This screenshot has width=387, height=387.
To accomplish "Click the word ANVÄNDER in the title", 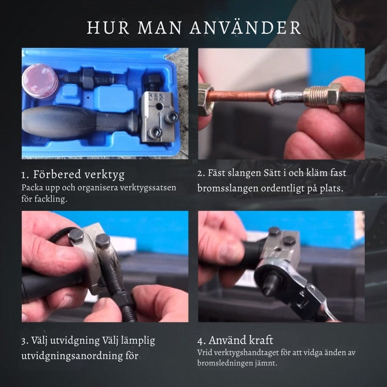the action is tap(245, 27).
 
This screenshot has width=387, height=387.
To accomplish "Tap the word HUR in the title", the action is tap(108, 28).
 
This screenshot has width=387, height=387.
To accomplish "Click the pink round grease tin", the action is tap(40, 81).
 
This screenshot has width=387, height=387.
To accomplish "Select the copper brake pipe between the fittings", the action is tap(239, 96).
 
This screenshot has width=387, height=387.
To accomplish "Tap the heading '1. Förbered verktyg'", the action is tap(73, 175).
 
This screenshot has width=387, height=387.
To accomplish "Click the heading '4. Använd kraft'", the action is tap(235, 340).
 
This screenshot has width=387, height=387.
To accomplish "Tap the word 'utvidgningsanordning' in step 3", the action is tap(72, 356).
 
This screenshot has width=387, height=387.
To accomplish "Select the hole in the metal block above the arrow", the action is tap(159, 107).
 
